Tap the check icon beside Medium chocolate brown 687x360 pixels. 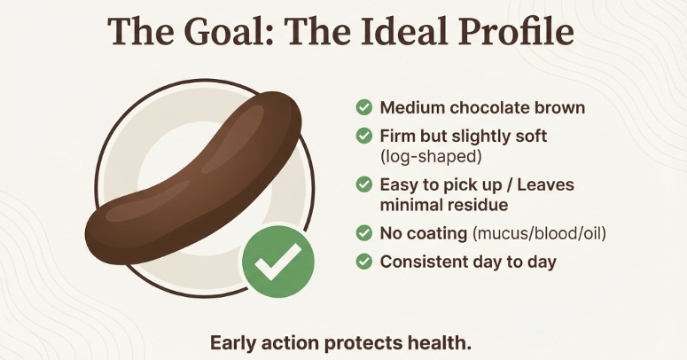(363, 107)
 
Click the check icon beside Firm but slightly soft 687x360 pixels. (363, 137)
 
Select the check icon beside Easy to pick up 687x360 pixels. (363, 184)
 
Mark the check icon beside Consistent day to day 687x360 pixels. (363, 262)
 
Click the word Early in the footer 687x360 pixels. (234, 342)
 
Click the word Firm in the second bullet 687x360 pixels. (401, 137)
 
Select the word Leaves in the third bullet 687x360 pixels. (545, 184)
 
